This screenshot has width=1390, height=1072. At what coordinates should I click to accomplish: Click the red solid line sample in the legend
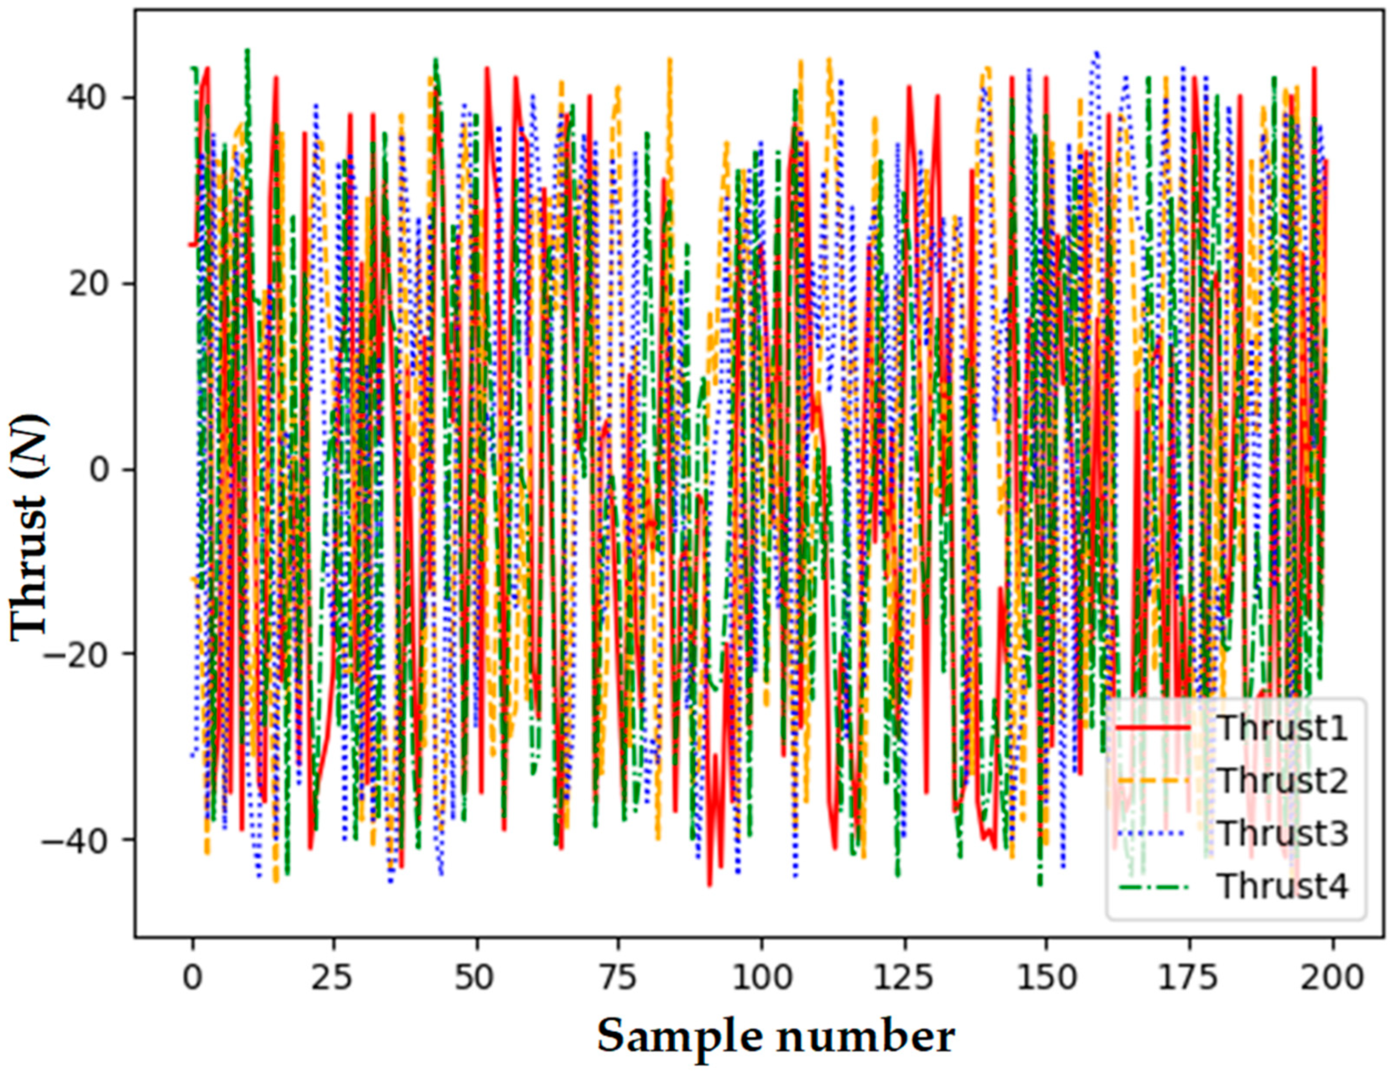[x=1153, y=727]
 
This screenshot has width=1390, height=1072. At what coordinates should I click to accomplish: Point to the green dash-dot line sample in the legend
[x=1153, y=885]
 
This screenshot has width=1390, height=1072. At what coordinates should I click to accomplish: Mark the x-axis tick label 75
[x=619, y=978]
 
